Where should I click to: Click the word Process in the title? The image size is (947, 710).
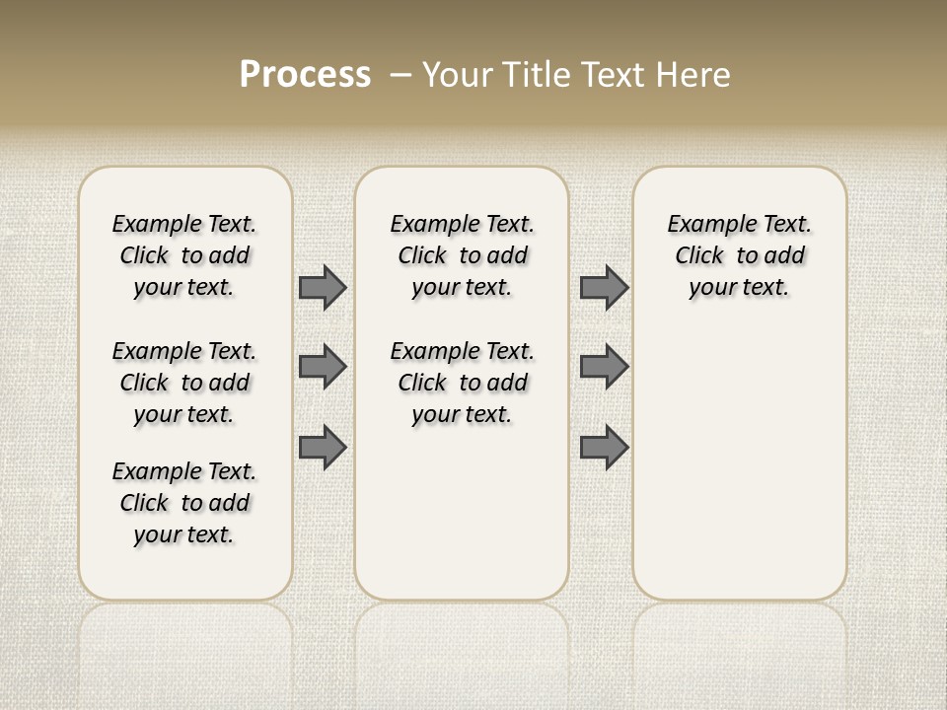(305, 75)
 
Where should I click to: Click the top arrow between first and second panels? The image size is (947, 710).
(323, 287)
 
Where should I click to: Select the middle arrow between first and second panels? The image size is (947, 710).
(323, 367)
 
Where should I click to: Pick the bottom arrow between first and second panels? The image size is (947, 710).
(323, 447)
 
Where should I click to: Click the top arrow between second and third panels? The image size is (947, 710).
(604, 287)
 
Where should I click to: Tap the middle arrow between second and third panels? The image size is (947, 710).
(604, 367)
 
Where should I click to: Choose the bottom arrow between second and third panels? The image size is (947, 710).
(604, 447)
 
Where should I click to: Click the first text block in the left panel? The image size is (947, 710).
(184, 255)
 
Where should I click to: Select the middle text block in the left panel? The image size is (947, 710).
(184, 383)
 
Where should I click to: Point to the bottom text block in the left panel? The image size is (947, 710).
(184, 503)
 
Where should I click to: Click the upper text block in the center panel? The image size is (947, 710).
(463, 255)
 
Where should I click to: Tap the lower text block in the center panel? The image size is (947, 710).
(463, 383)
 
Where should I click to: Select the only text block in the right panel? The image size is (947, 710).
(740, 255)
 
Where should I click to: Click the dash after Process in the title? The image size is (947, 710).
(401, 75)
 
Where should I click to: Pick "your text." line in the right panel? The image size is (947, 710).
(740, 287)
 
